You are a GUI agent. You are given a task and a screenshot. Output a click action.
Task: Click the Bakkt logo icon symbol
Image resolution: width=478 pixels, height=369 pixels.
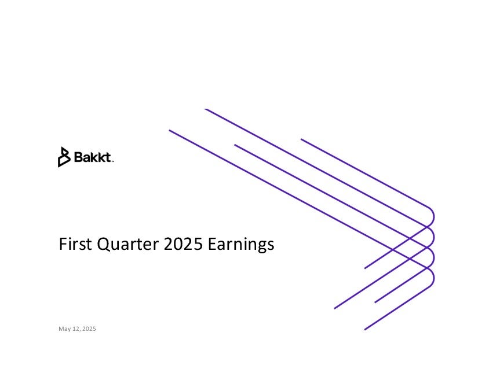pyautogui.click(x=64, y=157)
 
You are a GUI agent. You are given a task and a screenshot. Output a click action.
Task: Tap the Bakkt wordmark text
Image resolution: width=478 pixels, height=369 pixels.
pyautogui.click(x=93, y=157)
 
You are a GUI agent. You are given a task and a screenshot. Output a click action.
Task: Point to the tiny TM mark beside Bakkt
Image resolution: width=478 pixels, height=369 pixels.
pyautogui.click(x=113, y=161)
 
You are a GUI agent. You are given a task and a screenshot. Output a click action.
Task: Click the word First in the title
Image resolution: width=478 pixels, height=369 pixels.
pyautogui.click(x=75, y=243)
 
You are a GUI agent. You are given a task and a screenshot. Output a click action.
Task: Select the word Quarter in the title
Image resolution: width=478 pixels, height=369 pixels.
pyautogui.click(x=127, y=244)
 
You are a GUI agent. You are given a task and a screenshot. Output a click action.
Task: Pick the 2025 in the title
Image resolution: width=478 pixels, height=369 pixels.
pyautogui.click(x=183, y=243)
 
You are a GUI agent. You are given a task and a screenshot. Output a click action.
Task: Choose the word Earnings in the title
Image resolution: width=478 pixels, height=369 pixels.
pyautogui.click(x=241, y=245)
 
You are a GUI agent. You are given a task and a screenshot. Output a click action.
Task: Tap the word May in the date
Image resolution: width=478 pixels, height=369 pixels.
pyautogui.click(x=64, y=329)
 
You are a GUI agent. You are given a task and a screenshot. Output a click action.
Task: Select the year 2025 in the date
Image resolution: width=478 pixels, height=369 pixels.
pyautogui.click(x=89, y=329)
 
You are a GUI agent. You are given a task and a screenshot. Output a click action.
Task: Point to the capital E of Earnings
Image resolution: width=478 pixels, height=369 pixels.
pyautogui.click(x=212, y=243)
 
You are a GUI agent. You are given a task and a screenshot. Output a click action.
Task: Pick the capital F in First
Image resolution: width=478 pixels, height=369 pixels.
pyautogui.click(x=63, y=243)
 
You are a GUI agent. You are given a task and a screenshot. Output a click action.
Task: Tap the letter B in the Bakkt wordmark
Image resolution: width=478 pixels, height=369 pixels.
pyautogui.click(x=79, y=157)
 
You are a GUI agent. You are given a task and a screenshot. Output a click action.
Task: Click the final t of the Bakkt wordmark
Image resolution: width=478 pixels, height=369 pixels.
pyautogui.click(x=108, y=158)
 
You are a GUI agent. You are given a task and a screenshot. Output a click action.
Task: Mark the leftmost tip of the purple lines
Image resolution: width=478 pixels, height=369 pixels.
pyautogui.click(x=170, y=131)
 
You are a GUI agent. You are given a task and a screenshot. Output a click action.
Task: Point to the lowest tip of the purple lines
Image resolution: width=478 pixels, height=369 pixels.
pyautogui.click(x=365, y=330)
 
